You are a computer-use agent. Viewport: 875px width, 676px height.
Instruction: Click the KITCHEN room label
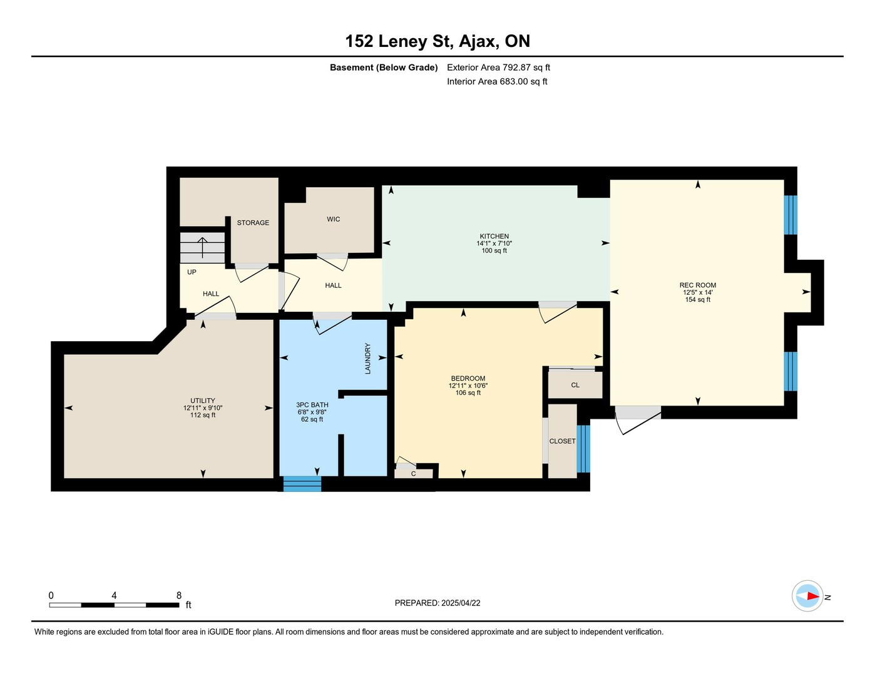pyautogui.click(x=494, y=237)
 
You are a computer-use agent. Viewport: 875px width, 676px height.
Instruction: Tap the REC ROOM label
pyautogui.click(x=698, y=285)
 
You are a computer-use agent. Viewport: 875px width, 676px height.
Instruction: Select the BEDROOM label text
pyautogui.click(x=468, y=379)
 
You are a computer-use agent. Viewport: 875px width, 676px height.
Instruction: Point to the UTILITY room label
pyautogui.click(x=203, y=401)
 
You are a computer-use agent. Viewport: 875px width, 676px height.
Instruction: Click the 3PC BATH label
pyautogui.click(x=312, y=405)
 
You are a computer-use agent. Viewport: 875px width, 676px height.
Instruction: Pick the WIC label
pyautogui.click(x=334, y=219)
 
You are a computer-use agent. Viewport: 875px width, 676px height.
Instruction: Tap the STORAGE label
pyautogui.click(x=253, y=223)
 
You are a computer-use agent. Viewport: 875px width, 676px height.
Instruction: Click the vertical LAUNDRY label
pyautogui.click(x=367, y=358)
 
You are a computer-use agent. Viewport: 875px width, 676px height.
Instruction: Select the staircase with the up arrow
pyautogui.click(x=202, y=248)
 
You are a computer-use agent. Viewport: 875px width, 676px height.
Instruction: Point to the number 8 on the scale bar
pyautogui.click(x=179, y=595)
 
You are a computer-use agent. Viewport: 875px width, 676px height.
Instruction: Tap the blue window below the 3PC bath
pyautogui.click(x=302, y=484)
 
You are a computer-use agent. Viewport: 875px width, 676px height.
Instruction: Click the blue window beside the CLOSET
pyautogui.click(x=583, y=449)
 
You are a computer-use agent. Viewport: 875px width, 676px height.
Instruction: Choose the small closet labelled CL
pyautogui.click(x=575, y=384)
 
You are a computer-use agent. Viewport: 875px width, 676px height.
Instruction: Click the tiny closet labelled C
pyautogui.click(x=413, y=473)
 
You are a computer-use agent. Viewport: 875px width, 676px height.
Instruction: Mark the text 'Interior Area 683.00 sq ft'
pyautogui.click(x=497, y=81)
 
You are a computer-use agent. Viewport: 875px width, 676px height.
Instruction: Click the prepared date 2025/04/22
pyautogui.click(x=461, y=603)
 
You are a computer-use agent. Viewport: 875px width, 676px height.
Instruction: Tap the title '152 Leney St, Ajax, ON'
pyautogui.click(x=437, y=41)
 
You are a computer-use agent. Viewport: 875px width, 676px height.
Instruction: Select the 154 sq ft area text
pyautogui.click(x=698, y=300)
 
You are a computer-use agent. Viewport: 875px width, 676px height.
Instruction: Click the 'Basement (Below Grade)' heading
pyautogui.click(x=384, y=68)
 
